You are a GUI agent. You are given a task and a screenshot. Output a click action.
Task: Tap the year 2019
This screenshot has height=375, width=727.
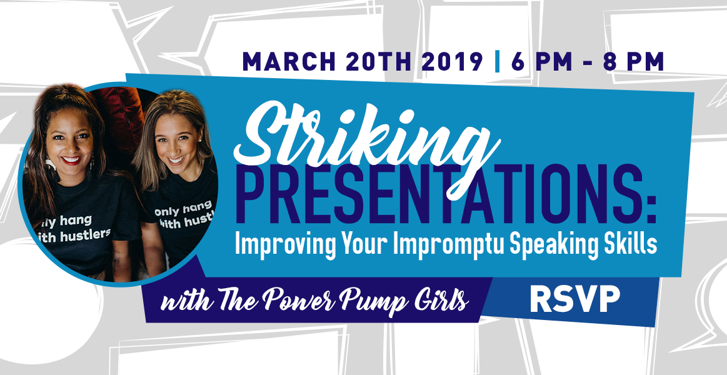[453, 62]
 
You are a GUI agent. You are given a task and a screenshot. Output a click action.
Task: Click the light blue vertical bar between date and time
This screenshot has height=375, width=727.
[498, 62]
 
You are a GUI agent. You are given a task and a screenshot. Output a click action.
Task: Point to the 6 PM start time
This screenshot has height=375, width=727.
[541, 62]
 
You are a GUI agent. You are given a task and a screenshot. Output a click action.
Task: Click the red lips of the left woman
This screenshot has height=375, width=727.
[71, 160]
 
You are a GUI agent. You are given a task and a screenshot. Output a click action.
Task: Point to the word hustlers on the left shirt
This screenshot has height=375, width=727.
[82, 234]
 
